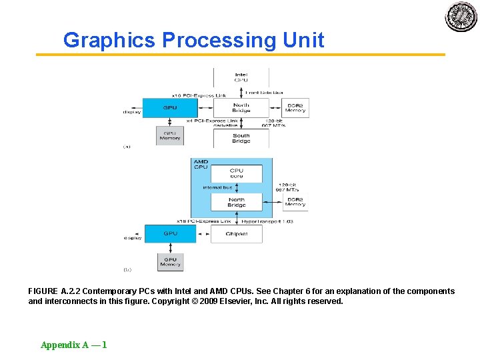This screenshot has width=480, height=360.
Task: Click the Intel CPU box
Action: click(x=241, y=77)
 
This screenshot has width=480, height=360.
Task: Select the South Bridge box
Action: click(x=241, y=138)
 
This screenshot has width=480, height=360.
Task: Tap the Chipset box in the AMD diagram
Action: click(x=237, y=234)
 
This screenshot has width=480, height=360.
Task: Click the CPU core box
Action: click(x=237, y=173)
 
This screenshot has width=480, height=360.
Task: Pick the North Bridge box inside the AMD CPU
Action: click(x=237, y=202)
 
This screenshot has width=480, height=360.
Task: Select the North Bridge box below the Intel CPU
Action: click(x=241, y=107)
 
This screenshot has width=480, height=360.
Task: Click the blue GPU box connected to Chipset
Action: click(x=170, y=234)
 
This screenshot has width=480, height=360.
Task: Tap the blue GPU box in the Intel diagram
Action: click(x=170, y=107)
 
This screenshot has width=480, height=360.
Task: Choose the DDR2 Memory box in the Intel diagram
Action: click(x=295, y=107)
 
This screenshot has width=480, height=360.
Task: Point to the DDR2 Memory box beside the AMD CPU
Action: click(x=295, y=202)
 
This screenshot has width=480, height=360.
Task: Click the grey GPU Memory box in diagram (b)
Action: click(x=170, y=262)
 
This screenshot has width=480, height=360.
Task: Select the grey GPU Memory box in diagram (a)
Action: click(x=170, y=135)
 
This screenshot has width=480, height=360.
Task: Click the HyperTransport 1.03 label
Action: click(x=267, y=221)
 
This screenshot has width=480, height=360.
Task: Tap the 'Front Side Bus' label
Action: click(x=264, y=93)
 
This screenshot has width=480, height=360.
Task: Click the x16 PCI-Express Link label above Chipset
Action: click(x=203, y=221)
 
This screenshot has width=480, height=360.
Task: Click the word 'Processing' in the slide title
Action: click(x=219, y=40)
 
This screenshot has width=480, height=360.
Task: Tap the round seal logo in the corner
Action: click(x=461, y=17)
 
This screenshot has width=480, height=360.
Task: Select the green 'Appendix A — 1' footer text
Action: click(x=73, y=345)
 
